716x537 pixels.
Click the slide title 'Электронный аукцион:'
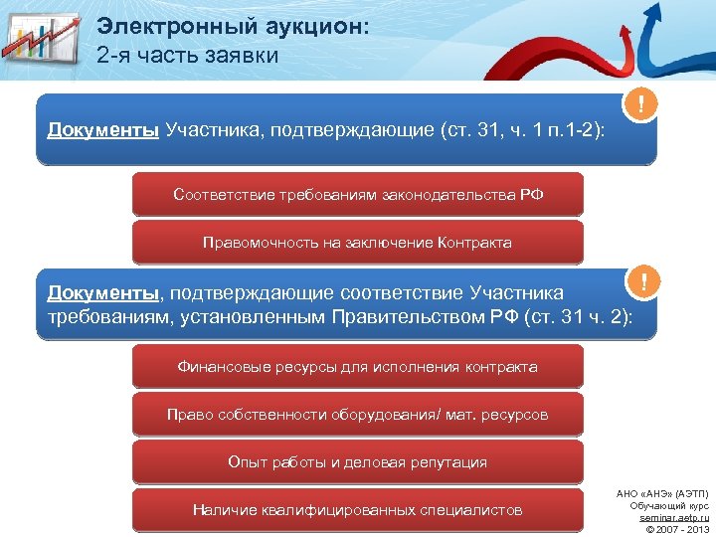coord(233,27)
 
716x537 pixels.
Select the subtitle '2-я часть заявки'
coord(188,56)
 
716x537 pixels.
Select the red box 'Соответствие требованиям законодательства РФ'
coord(358,194)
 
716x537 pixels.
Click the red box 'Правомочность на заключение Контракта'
coord(358,242)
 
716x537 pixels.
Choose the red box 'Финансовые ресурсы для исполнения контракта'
coord(358,367)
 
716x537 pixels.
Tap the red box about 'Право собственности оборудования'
coord(358,414)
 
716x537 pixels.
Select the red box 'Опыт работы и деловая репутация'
coord(358,461)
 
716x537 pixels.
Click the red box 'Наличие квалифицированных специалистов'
coord(358,509)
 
